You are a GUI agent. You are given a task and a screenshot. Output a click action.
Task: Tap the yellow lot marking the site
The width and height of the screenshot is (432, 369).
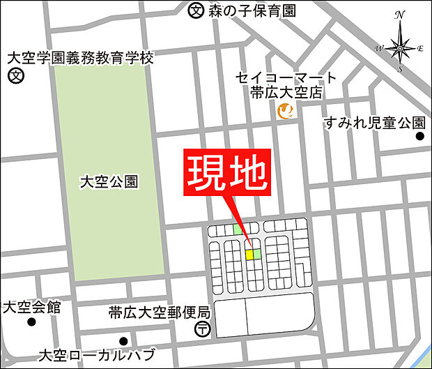[x=249, y=255]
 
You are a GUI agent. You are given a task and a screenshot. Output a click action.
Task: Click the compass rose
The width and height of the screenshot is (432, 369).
[x=401, y=47]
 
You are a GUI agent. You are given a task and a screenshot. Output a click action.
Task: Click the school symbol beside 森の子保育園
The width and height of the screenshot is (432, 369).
[x=196, y=10]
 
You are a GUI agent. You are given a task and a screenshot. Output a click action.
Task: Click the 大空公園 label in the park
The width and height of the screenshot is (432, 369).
[x=109, y=183]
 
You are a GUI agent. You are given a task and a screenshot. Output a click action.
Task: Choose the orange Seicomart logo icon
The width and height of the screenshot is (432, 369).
[x=285, y=110]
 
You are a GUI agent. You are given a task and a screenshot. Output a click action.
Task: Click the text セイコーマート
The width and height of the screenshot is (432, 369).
[x=286, y=77]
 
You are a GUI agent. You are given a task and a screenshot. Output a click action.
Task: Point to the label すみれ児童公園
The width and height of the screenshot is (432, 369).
[x=374, y=123]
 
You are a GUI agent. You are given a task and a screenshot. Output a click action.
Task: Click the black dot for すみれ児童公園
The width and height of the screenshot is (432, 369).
[x=420, y=137]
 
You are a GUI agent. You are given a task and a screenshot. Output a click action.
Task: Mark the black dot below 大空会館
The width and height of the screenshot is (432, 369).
[x=31, y=322]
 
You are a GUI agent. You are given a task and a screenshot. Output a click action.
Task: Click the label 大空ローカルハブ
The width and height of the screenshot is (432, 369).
[x=98, y=354]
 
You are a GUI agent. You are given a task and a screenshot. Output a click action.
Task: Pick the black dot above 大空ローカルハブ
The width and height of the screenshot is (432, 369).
[x=123, y=341]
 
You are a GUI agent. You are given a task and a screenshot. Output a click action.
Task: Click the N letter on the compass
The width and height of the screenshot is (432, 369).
[x=400, y=14]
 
